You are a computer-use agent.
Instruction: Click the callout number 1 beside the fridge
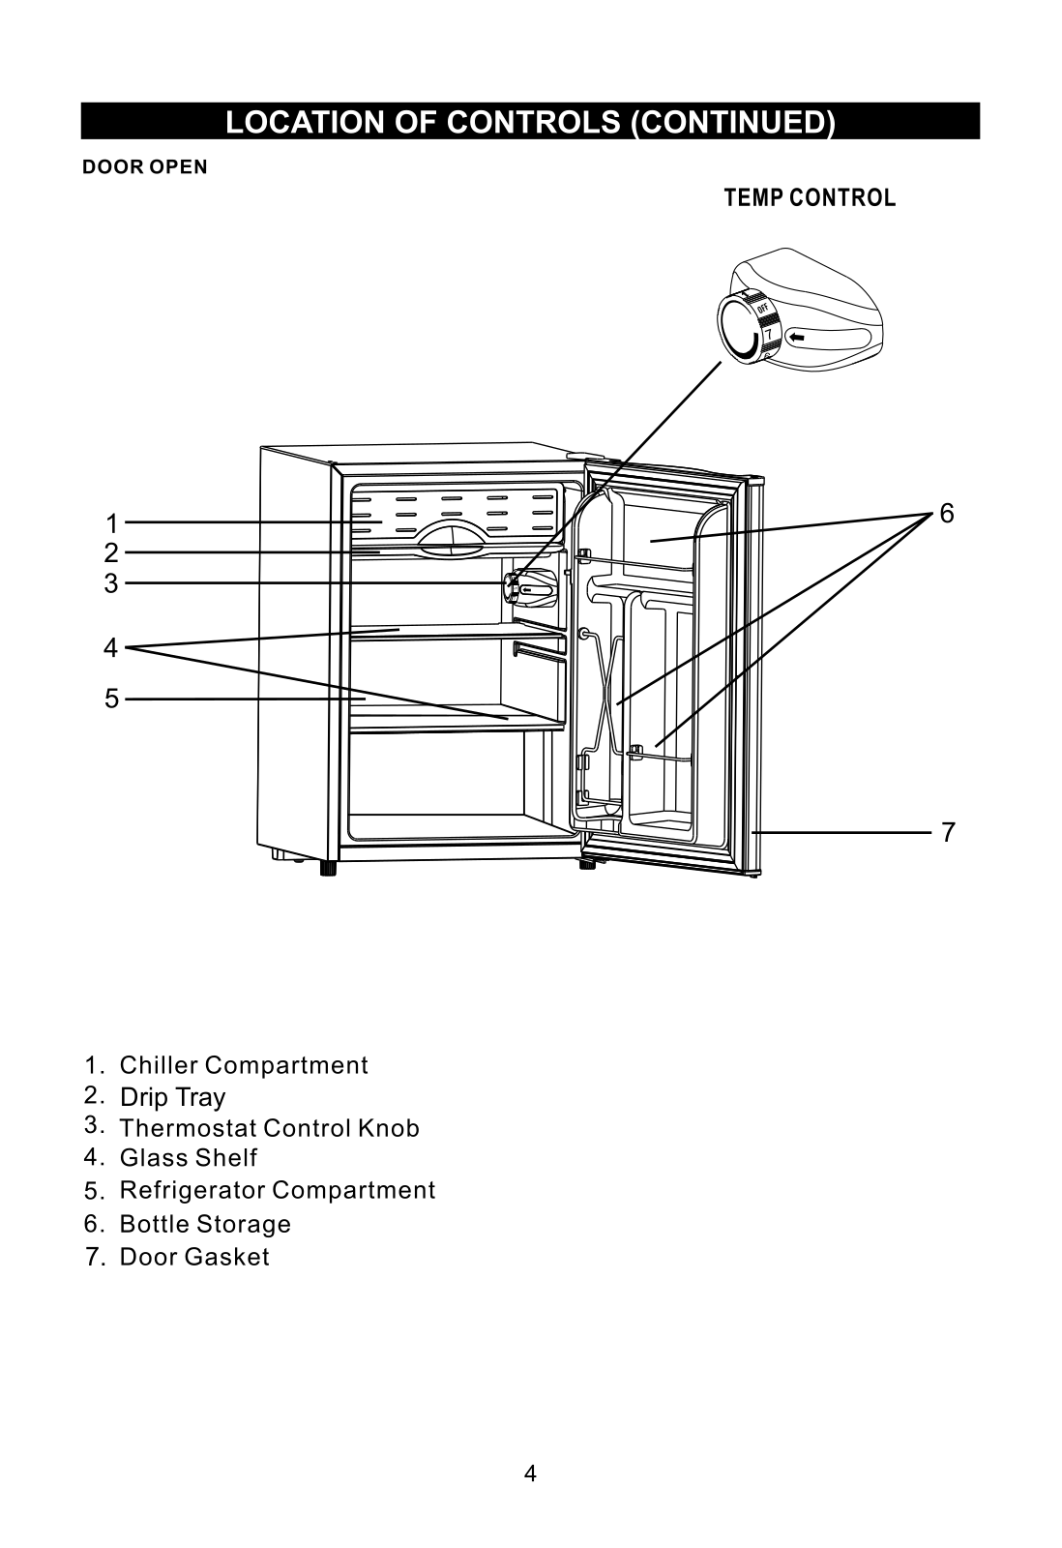tap(111, 524)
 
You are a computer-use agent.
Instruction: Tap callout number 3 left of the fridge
tap(111, 584)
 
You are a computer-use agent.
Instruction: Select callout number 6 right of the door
tap(947, 514)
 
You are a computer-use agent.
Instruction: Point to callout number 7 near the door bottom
tap(948, 832)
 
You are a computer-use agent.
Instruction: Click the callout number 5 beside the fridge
tap(111, 700)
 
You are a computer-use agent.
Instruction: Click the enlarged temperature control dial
tap(749, 325)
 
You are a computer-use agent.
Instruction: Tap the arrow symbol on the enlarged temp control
tap(797, 338)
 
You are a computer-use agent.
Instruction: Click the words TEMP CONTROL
tap(810, 198)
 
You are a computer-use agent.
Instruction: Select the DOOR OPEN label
tap(145, 167)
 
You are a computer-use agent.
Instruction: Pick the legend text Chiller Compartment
tap(244, 1065)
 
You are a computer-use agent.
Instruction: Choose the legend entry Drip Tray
tap(173, 1097)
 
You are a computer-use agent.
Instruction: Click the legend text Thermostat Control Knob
tap(270, 1128)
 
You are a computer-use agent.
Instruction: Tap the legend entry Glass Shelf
tap(189, 1157)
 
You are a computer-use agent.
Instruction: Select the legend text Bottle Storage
tap(205, 1224)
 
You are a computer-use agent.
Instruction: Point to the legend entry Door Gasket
tap(194, 1257)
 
